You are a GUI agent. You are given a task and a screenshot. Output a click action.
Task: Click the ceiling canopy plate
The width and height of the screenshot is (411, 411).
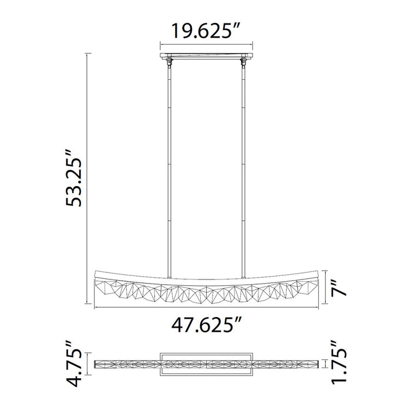pos(206,56)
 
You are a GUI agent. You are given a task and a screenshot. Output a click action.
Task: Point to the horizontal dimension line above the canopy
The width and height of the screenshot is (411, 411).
pos(206,43)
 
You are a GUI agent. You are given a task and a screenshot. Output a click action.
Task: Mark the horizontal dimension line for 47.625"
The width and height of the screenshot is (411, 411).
pos(206,306)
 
